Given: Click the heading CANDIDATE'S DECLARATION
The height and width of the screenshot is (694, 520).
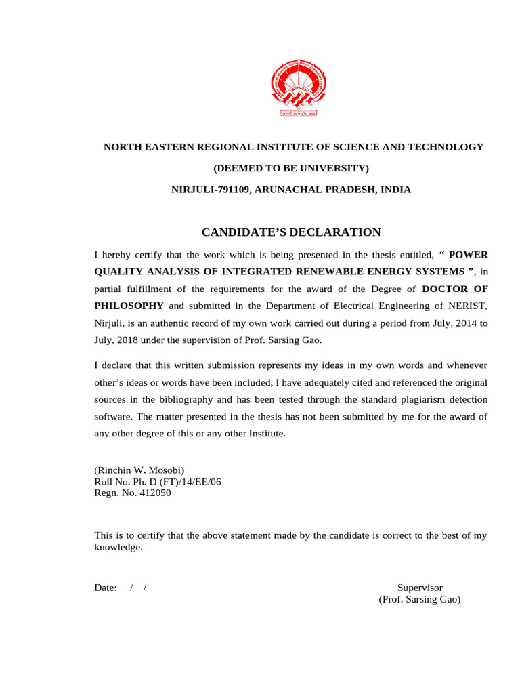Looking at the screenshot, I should pyautogui.click(x=291, y=232).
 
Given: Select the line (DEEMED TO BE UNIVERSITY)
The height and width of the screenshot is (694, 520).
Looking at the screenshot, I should pyautogui.click(x=292, y=168).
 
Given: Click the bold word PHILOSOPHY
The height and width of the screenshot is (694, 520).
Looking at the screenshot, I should pyautogui.click(x=129, y=306).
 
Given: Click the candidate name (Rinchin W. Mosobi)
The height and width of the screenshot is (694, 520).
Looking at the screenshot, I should pyautogui.click(x=139, y=470).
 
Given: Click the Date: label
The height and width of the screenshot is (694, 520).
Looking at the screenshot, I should pyautogui.click(x=106, y=588).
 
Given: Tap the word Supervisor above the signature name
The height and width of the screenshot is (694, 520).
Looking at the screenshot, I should pyautogui.click(x=420, y=588).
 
